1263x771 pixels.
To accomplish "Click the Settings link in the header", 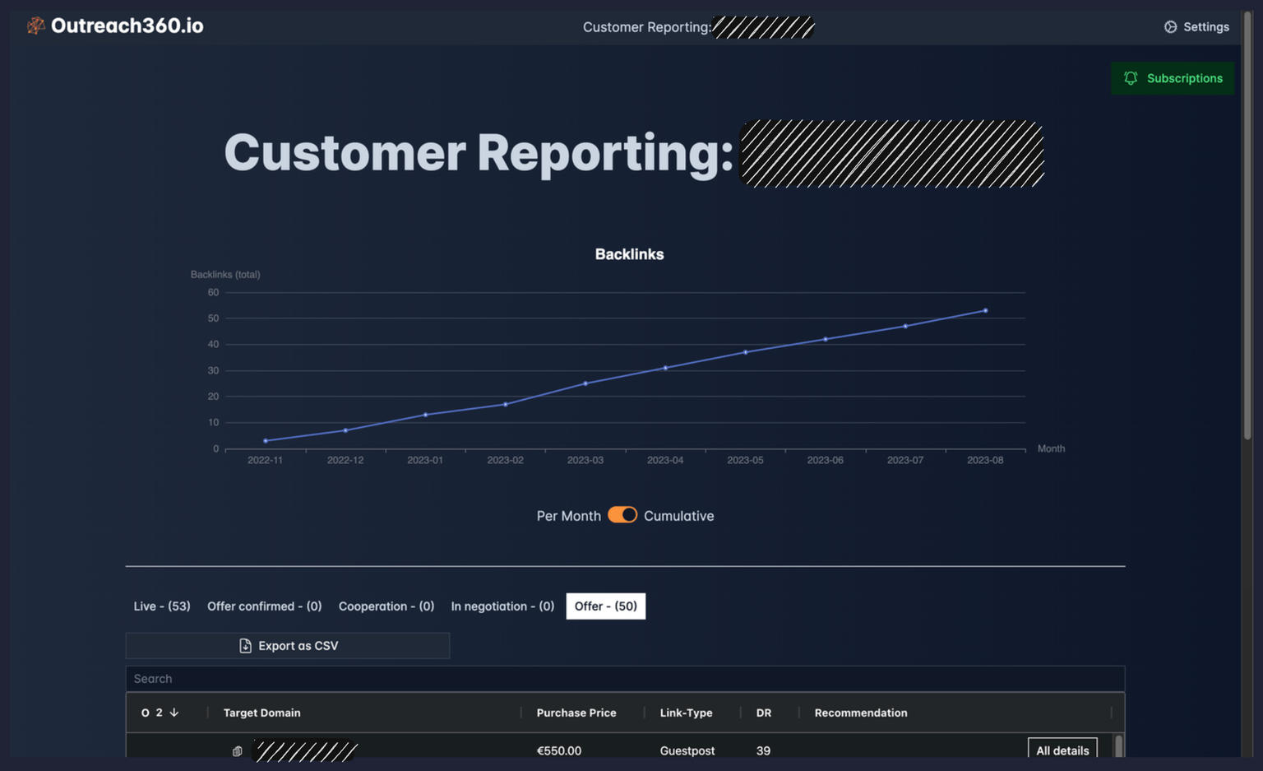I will [1196, 27].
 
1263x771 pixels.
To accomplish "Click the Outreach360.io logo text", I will [127, 26].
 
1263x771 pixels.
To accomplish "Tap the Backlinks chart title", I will [629, 254].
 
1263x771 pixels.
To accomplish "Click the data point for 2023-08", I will [985, 311].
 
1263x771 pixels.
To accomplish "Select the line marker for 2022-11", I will [266, 441].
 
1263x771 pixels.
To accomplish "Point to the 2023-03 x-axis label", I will [585, 460].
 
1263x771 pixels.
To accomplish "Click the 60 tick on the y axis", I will [213, 293].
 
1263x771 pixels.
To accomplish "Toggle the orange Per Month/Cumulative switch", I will [622, 515].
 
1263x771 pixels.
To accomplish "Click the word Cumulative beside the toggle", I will [678, 516].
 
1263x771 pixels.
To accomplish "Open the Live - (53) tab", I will [162, 606].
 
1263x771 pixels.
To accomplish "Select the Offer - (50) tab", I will [605, 606].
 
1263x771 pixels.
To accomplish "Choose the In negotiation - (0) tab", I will [502, 606].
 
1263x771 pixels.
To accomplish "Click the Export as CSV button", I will [288, 646].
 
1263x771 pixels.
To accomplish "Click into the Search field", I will [625, 679].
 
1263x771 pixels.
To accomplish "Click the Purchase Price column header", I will [576, 713].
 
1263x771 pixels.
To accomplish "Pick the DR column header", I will [764, 713].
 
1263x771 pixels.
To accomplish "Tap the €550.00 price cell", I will [559, 750].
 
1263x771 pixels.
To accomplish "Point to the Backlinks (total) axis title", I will [225, 275].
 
